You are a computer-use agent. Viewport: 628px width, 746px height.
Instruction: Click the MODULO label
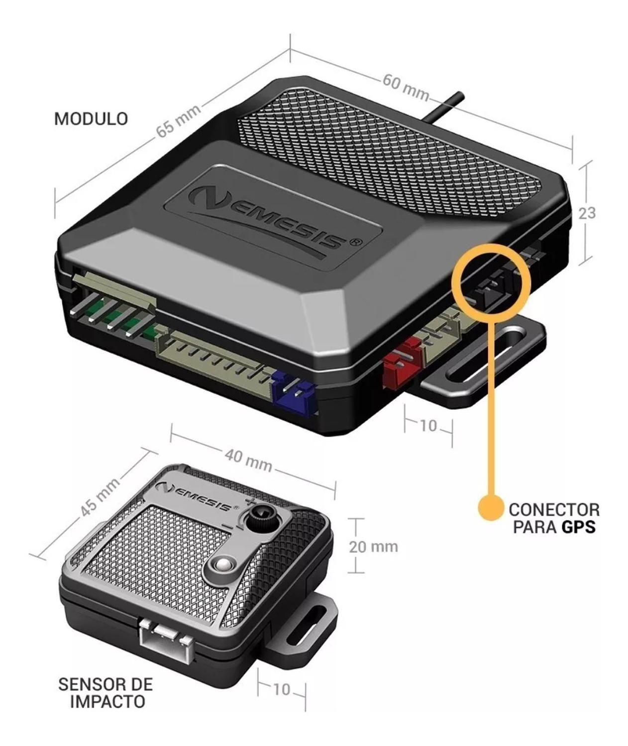(x=91, y=119)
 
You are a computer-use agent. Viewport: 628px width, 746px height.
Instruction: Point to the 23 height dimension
(x=586, y=213)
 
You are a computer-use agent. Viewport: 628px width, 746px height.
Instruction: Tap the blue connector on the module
(x=294, y=393)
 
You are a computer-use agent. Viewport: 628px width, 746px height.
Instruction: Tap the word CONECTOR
(x=553, y=509)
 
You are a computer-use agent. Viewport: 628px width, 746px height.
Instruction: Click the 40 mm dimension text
(x=248, y=461)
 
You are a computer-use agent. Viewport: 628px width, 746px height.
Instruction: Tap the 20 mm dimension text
(x=373, y=547)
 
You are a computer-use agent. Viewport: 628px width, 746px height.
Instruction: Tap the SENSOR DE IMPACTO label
(x=105, y=692)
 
